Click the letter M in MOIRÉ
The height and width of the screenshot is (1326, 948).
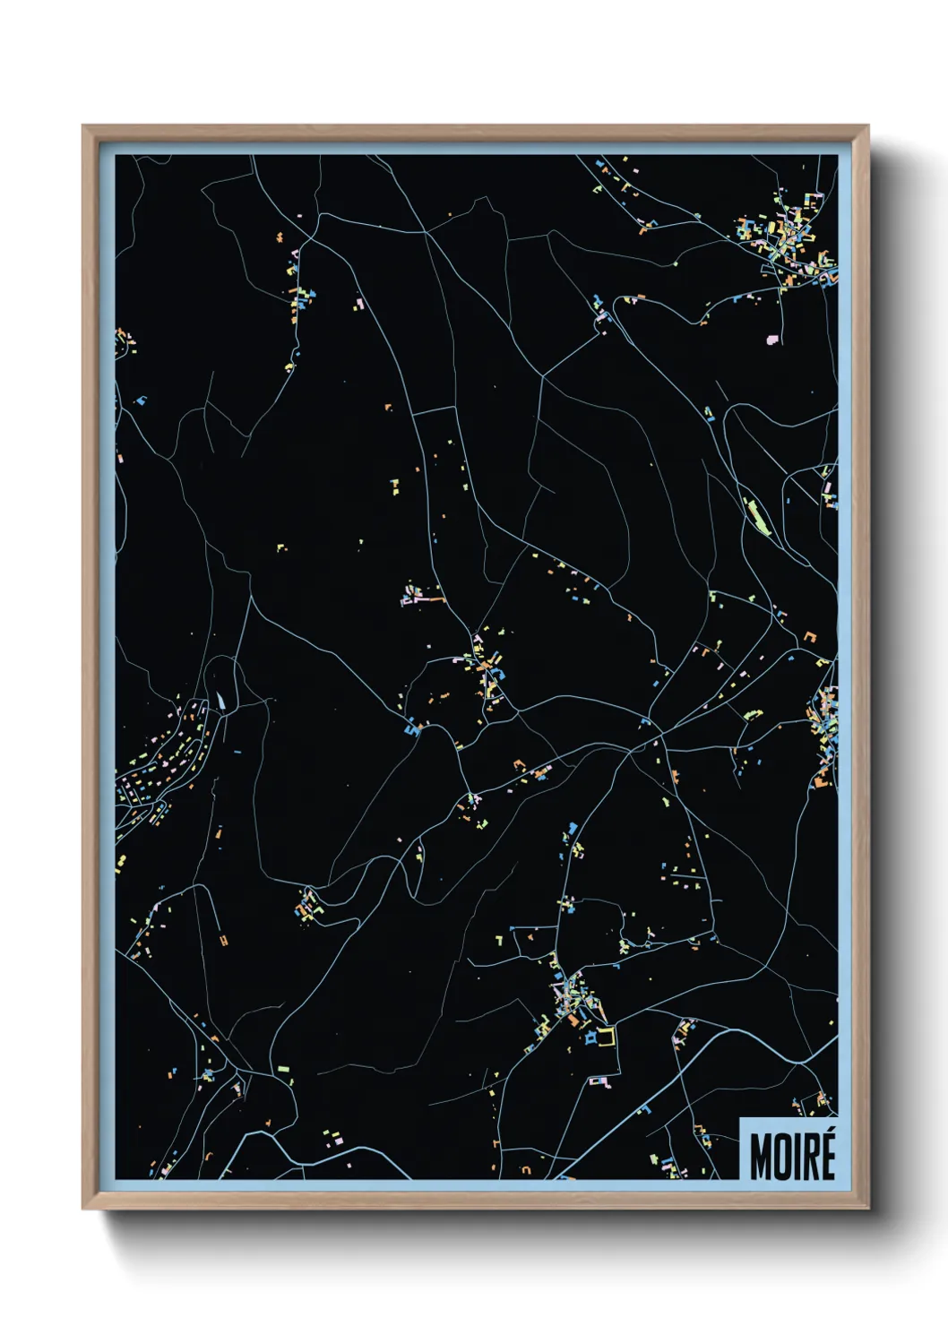click(x=761, y=1158)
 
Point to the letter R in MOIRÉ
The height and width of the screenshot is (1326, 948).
click(x=812, y=1158)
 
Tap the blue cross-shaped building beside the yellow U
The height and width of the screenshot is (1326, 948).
click(x=590, y=1038)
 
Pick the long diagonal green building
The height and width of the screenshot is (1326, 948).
click(x=758, y=517)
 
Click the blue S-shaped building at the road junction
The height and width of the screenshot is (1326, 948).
click(x=413, y=730)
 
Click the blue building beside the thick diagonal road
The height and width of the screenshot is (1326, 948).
click(x=642, y=1111)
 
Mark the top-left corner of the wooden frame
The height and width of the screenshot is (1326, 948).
click(x=83, y=126)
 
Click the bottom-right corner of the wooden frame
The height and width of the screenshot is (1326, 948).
click(x=867, y=1209)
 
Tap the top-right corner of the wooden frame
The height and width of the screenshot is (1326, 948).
click(x=867, y=126)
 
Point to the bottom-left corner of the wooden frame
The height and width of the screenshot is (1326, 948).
click(x=83, y=1209)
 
